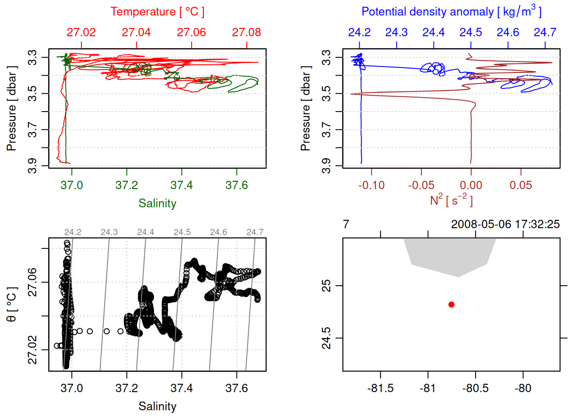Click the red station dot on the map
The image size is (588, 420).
tap(451, 304)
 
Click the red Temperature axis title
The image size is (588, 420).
tap(157, 12)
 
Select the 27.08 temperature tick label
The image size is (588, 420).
tap(246, 32)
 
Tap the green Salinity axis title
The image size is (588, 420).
tap(157, 203)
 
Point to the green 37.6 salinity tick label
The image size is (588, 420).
tap(236, 185)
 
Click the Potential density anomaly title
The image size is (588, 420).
tap(451, 12)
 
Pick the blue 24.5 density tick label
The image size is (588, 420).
tap(470, 32)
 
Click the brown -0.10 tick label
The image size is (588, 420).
tap(371, 185)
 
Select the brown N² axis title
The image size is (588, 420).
tap(451, 200)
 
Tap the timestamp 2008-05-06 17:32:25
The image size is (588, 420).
tap(505, 224)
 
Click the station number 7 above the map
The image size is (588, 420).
tap(346, 224)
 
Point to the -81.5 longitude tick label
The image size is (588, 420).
tap(380, 388)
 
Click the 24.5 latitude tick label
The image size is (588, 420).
tap(326, 338)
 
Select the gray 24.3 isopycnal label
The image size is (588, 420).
tap(109, 232)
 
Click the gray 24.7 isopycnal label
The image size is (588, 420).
tap(255, 232)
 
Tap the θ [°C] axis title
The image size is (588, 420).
tap(12, 304)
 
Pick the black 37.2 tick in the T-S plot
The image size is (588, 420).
tap(126, 388)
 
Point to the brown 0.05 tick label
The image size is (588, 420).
tap(521, 185)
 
